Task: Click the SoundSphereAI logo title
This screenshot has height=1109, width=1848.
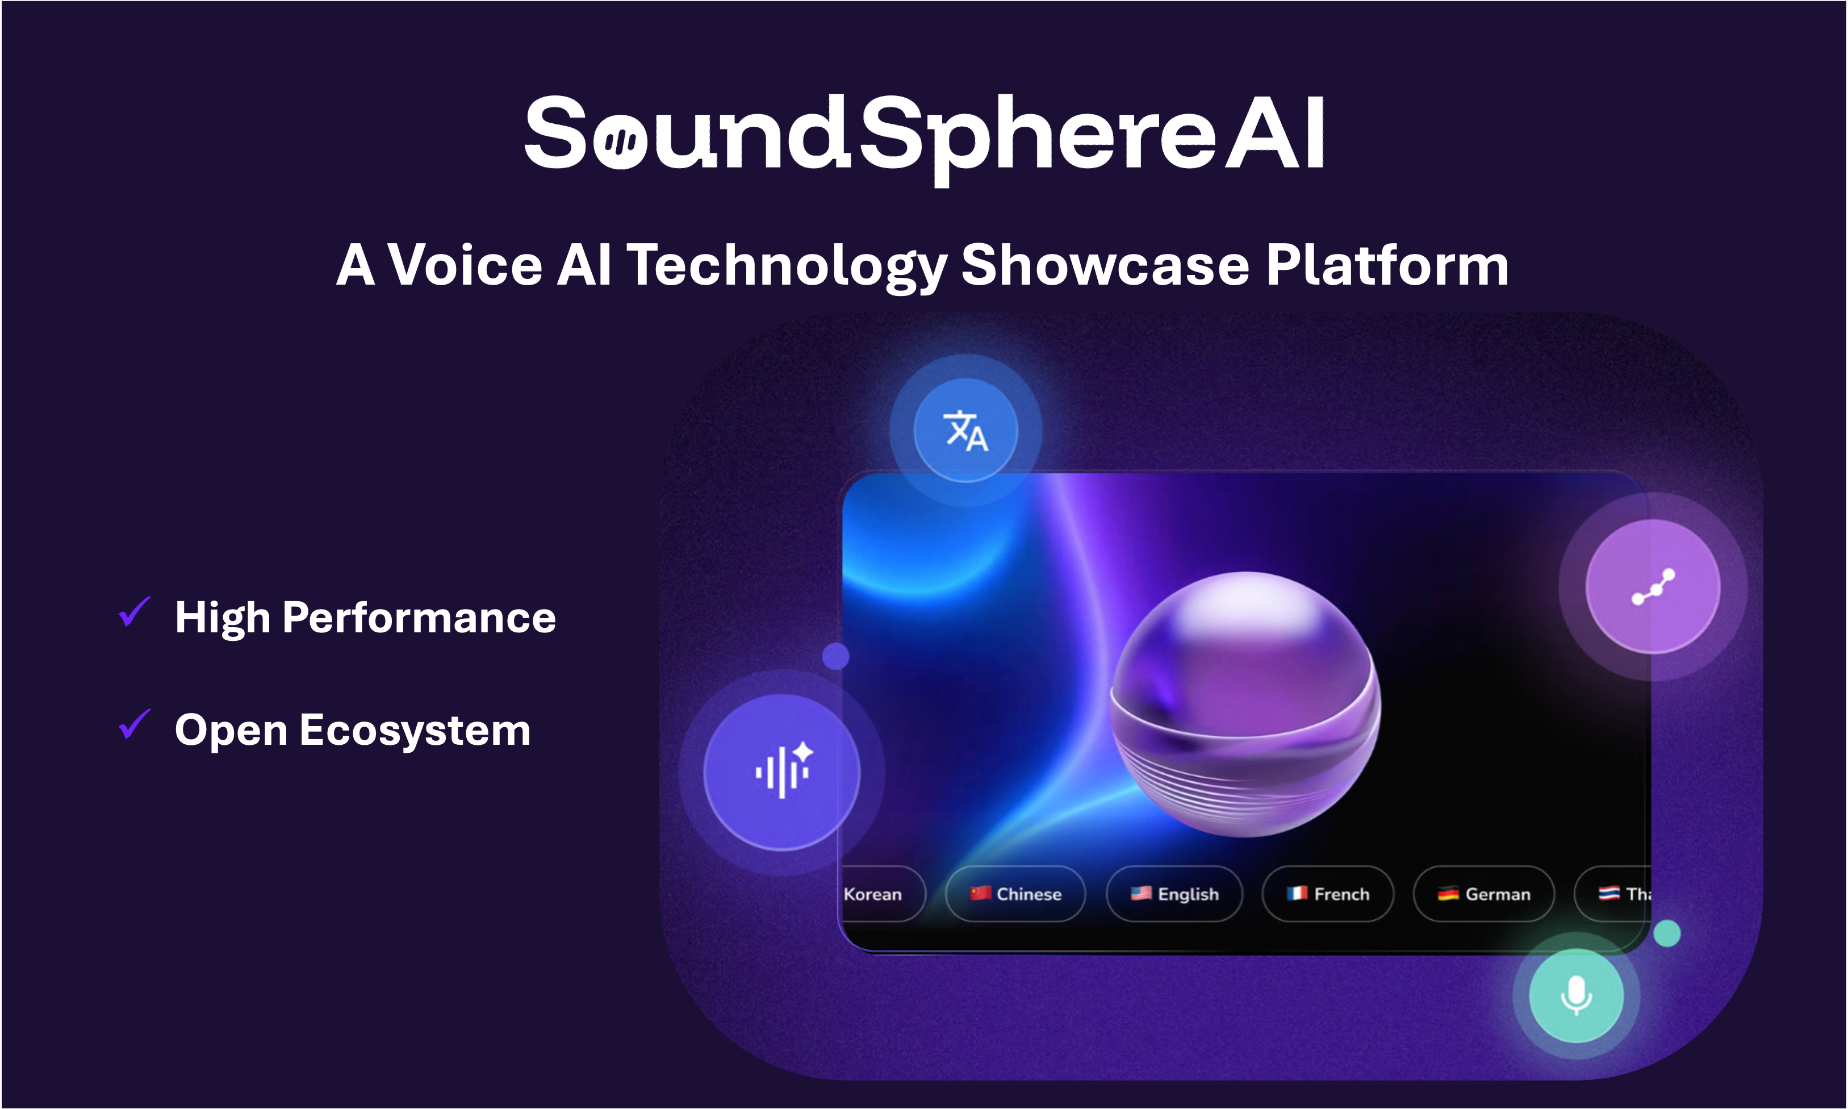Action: pyautogui.click(x=925, y=138)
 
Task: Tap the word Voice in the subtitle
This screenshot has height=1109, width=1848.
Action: pyautogui.click(x=465, y=265)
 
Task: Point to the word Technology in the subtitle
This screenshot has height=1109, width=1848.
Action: pyautogui.click(x=787, y=268)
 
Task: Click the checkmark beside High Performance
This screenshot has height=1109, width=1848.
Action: pyautogui.click(x=135, y=613)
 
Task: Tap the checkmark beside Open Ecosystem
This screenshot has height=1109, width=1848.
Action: pyautogui.click(x=135, y=725)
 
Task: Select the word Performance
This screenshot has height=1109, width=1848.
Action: pyautogui.click(x=419, y=618)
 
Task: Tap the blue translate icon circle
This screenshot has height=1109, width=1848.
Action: pyautogui.click(x=966, y=431)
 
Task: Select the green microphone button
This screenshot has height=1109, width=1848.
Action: pyautogui.click(x=1576, y=995)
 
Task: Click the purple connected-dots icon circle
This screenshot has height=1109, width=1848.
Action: pyautogui.click(x=1653, y=587)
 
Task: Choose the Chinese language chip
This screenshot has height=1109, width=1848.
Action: pyautogui.click(x=1015, y=894)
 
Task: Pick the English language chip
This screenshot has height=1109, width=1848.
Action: pyautogui.click(x=1174, y=894)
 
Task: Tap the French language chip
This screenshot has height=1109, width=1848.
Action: pyautogui.click(x=1327, y=894)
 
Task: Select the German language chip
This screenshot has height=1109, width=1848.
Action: pyautogui.click(x=1483, y=894)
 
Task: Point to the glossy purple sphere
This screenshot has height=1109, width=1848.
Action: pyautogui.click(x=1245, y=704)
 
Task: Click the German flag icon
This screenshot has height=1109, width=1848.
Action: pyautogui.click(x=1448, y=893)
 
